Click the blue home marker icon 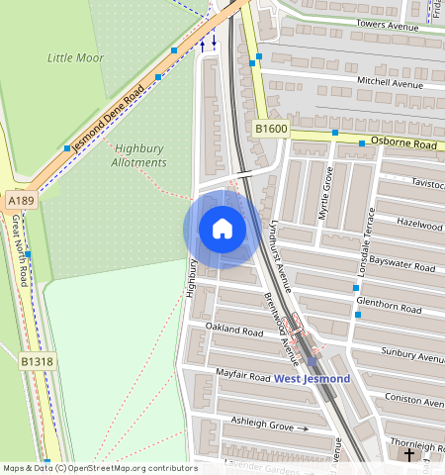click(222, 230)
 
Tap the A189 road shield click(21, 200)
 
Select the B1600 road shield click(270, 129)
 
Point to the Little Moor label click(75, 58)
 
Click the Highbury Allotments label click(137, 155)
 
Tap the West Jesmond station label click(311, 379)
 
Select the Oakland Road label click(234, 328)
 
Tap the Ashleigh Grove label click(262, 425)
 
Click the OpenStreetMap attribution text click(100, 468)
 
